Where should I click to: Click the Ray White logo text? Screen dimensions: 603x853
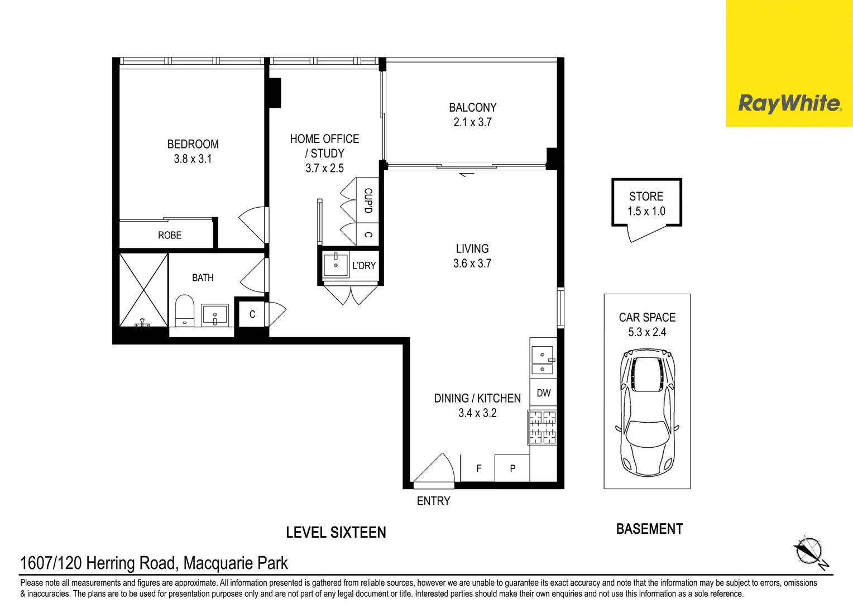(x=789, y=103)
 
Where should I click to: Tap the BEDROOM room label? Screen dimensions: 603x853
(x=193, y=144)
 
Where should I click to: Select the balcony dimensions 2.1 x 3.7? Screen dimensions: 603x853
(x=472, y=122)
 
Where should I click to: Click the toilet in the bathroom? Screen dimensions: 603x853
(x=184, y=310)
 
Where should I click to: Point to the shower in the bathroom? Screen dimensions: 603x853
(x=143, y=290)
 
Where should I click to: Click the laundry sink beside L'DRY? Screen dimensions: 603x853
(x=336, y=265)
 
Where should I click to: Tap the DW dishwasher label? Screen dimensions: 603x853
(x=543, y=393)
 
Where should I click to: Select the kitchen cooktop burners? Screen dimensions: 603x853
(x=542, y=427)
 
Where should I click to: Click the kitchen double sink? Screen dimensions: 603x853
(x=542, y=361)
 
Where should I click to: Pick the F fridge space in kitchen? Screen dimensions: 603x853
(x=478, y=468)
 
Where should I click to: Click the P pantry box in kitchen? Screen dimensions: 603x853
(x=512, y=468)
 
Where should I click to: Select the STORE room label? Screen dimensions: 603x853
(x=646, y=197)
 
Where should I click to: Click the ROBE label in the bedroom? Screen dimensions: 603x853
(x=170, y=236)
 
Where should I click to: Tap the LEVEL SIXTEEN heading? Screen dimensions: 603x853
(x=336, y=533)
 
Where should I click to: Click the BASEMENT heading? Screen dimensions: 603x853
(x=649, y=529)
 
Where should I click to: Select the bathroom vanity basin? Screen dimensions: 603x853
(x=214, y=315)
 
